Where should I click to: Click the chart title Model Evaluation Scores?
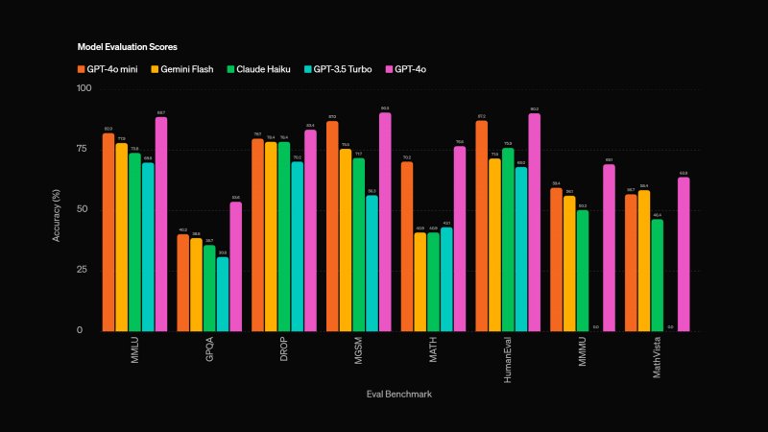(x=127, y=46)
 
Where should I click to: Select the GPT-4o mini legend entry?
(x=109, y=69)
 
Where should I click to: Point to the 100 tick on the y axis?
(x=84, y=88)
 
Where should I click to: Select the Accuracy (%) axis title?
(x=57, y=210)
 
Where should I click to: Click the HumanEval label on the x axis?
(x=508, y=358)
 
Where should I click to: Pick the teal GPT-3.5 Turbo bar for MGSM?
(x=372, y=263)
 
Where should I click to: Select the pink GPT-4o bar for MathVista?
(x=683, y=253)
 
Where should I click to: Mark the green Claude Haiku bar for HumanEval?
(x=507, y=239)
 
